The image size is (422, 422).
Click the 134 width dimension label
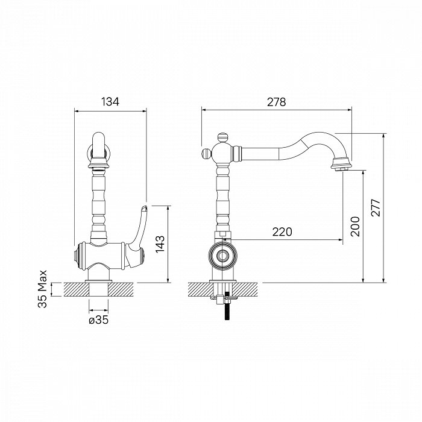pyautogui.click(x=110, y=102)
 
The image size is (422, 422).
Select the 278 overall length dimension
pyautogui.click(x=276, y=102)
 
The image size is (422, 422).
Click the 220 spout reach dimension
pyautogui.click(x=282, y=231)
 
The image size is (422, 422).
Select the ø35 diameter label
pyautogui.click(x=98, y=320)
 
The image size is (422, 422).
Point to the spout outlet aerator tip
pyautogui.click(x=342, y=169)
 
